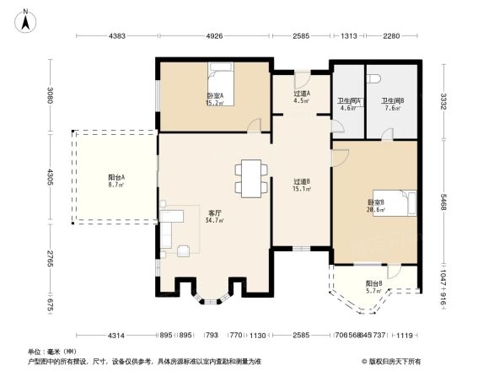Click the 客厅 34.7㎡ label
point(215,216)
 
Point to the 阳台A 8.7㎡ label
point(116,180)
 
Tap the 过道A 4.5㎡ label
point(301,97)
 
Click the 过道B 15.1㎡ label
point(302,185)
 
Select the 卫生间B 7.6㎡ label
point(392,104)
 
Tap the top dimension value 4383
point(116,36)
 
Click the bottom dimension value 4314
point(115,336)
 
